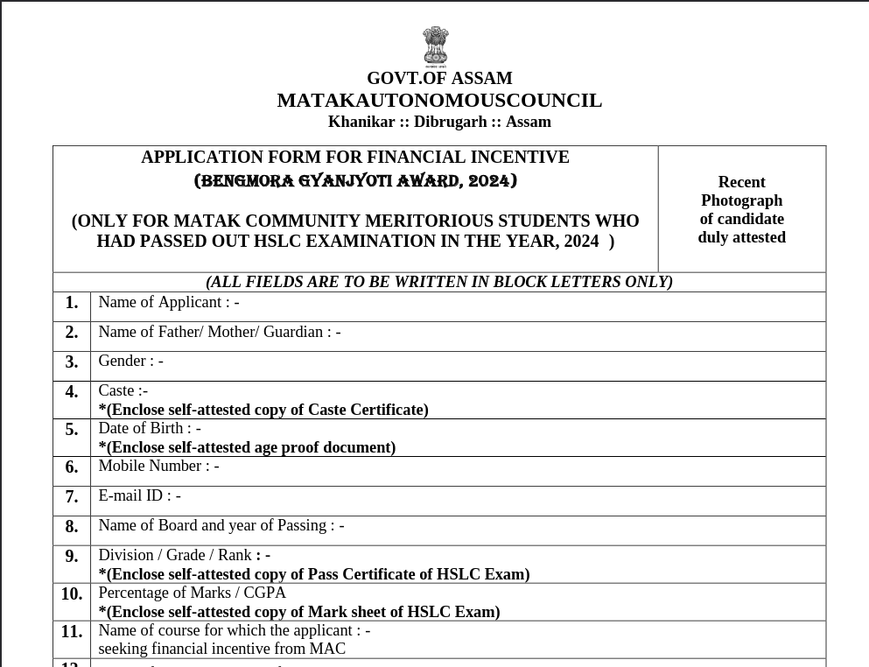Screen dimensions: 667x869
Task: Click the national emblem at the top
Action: coord(435,46)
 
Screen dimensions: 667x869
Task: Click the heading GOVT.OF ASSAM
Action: coord(439,78)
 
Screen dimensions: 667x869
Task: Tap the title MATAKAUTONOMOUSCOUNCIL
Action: coord(439,101)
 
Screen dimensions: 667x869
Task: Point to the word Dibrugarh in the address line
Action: coord(451,122)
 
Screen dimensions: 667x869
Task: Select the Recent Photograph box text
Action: coord(741,209)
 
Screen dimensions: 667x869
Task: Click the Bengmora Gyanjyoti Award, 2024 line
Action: coord(355,181)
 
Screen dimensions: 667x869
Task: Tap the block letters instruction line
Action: coord(439,282)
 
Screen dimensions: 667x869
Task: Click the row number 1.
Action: coord(72,303)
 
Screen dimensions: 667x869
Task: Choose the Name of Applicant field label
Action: coord(168,302)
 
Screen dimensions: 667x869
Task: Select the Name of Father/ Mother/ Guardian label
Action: coord(219,332)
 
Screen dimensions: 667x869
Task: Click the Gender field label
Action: coord(130,361)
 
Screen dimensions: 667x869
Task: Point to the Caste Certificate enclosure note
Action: coord(263,410)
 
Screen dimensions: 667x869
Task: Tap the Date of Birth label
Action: coord(149,428)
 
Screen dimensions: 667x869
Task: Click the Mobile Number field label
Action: coord(158,466)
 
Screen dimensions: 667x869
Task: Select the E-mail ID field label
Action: coord(139,495)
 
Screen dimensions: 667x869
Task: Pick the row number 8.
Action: coord(72,527)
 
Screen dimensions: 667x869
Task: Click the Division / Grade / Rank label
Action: coord(184,555)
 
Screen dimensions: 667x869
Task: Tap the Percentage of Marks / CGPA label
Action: coord(192,593)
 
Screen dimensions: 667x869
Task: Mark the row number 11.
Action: coord(72,632)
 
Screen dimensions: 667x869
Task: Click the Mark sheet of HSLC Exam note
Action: coord(299,612)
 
